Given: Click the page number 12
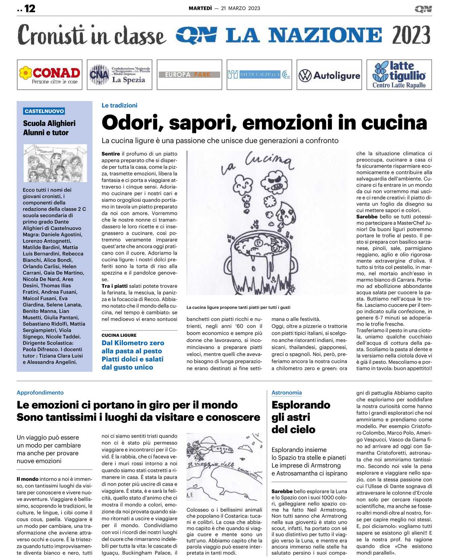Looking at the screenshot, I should point(30,8).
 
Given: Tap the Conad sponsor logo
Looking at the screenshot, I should point(50,75).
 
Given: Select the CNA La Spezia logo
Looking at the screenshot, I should point(119,75).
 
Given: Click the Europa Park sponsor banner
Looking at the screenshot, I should point(189,75).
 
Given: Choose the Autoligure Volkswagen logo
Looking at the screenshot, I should point(329,75).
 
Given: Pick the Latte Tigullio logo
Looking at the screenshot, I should point(399,75).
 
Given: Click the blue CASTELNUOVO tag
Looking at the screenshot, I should point(44,111).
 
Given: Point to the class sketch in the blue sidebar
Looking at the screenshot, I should point(55,163).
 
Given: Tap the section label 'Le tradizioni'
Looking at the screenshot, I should point(119,105).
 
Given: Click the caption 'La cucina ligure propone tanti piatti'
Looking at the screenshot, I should point(238,307).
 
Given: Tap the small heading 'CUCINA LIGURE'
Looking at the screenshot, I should point(119,335).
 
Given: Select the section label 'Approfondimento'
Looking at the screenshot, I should point(40,393).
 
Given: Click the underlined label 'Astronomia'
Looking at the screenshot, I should point(287,393).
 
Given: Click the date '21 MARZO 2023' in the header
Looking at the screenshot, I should point(240,8).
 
